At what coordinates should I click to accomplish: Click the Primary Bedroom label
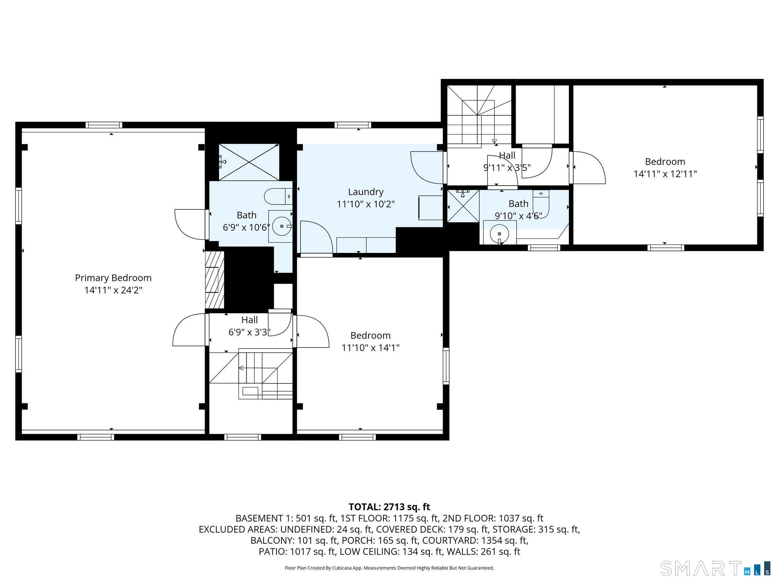[113, 278]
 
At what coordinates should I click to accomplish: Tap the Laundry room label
[366, 192]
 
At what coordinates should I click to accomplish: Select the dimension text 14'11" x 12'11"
[665, 174]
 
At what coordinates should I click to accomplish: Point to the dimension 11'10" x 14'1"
[370, 348]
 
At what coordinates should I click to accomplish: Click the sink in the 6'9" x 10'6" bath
[281, 226]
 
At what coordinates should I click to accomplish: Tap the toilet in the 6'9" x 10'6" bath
[278, 196]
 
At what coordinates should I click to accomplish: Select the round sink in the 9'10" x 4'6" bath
[499, 233]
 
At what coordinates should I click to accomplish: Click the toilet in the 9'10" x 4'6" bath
[541, 204]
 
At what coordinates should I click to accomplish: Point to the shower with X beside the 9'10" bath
[463, 206]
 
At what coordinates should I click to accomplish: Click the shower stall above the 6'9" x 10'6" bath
[249, 162]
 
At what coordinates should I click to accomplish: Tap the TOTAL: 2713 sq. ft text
[389, 507]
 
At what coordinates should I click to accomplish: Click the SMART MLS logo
[715, 568]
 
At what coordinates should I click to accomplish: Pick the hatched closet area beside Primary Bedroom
[215, 279]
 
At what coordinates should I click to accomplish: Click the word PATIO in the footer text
[273, 551]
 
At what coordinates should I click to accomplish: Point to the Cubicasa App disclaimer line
[389, 568]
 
